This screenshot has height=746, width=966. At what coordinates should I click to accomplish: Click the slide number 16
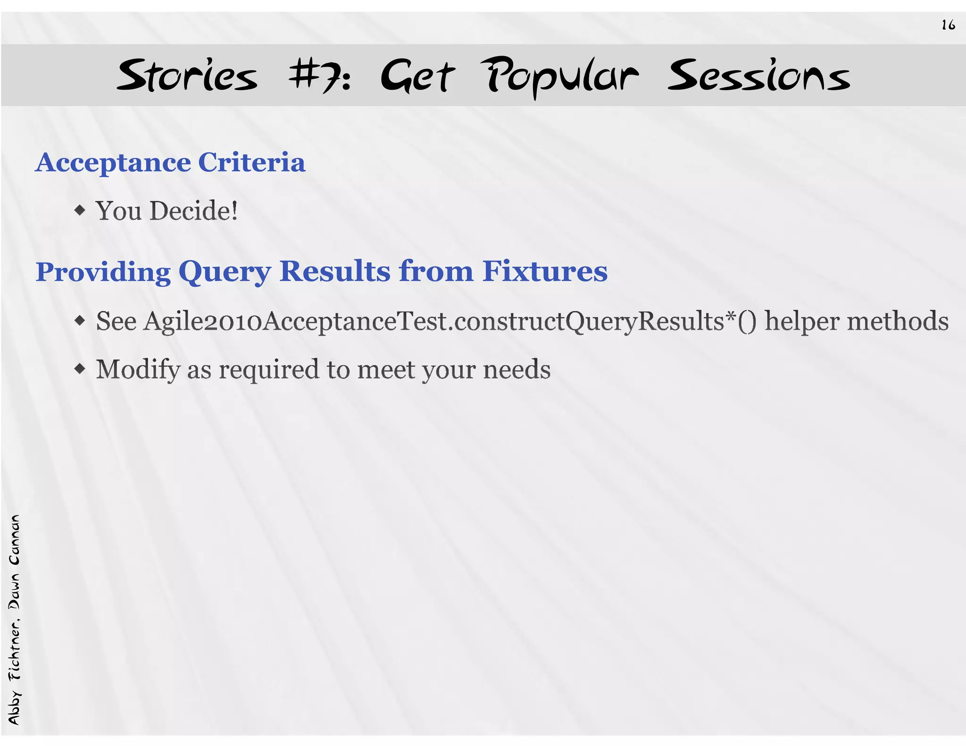948,25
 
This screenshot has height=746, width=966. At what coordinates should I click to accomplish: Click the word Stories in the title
187,76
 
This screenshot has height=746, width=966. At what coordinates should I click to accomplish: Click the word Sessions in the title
758,76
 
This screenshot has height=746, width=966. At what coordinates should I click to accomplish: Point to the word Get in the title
417,76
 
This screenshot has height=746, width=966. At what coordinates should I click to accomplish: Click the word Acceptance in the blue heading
113,163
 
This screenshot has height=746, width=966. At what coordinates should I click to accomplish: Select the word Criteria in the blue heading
251,163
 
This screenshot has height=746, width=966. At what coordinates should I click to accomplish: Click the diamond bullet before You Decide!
80,210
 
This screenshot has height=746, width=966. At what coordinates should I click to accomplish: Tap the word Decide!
193,211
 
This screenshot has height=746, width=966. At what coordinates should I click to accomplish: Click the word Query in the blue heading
225,273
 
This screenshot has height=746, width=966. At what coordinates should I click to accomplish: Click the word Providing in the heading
103,273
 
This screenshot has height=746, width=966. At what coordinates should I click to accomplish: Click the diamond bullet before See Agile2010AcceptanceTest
80,321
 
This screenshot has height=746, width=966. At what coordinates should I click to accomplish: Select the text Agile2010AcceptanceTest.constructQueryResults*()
450,322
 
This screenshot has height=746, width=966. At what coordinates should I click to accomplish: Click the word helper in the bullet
802,322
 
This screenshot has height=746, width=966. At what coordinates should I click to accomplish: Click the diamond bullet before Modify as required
80,369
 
